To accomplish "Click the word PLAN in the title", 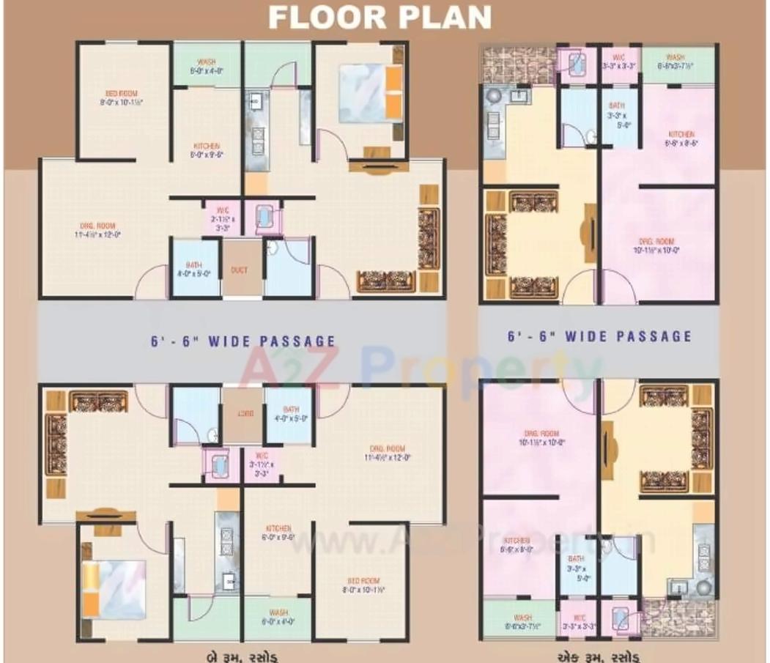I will coord(443,17).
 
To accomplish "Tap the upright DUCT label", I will coord(239,270).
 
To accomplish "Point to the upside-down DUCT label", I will coord(239,413).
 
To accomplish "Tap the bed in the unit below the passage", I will coord(114,578).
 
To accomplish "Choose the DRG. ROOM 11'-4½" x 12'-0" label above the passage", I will coord(97,230).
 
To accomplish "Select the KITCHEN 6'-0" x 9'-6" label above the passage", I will coord(207,149).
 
